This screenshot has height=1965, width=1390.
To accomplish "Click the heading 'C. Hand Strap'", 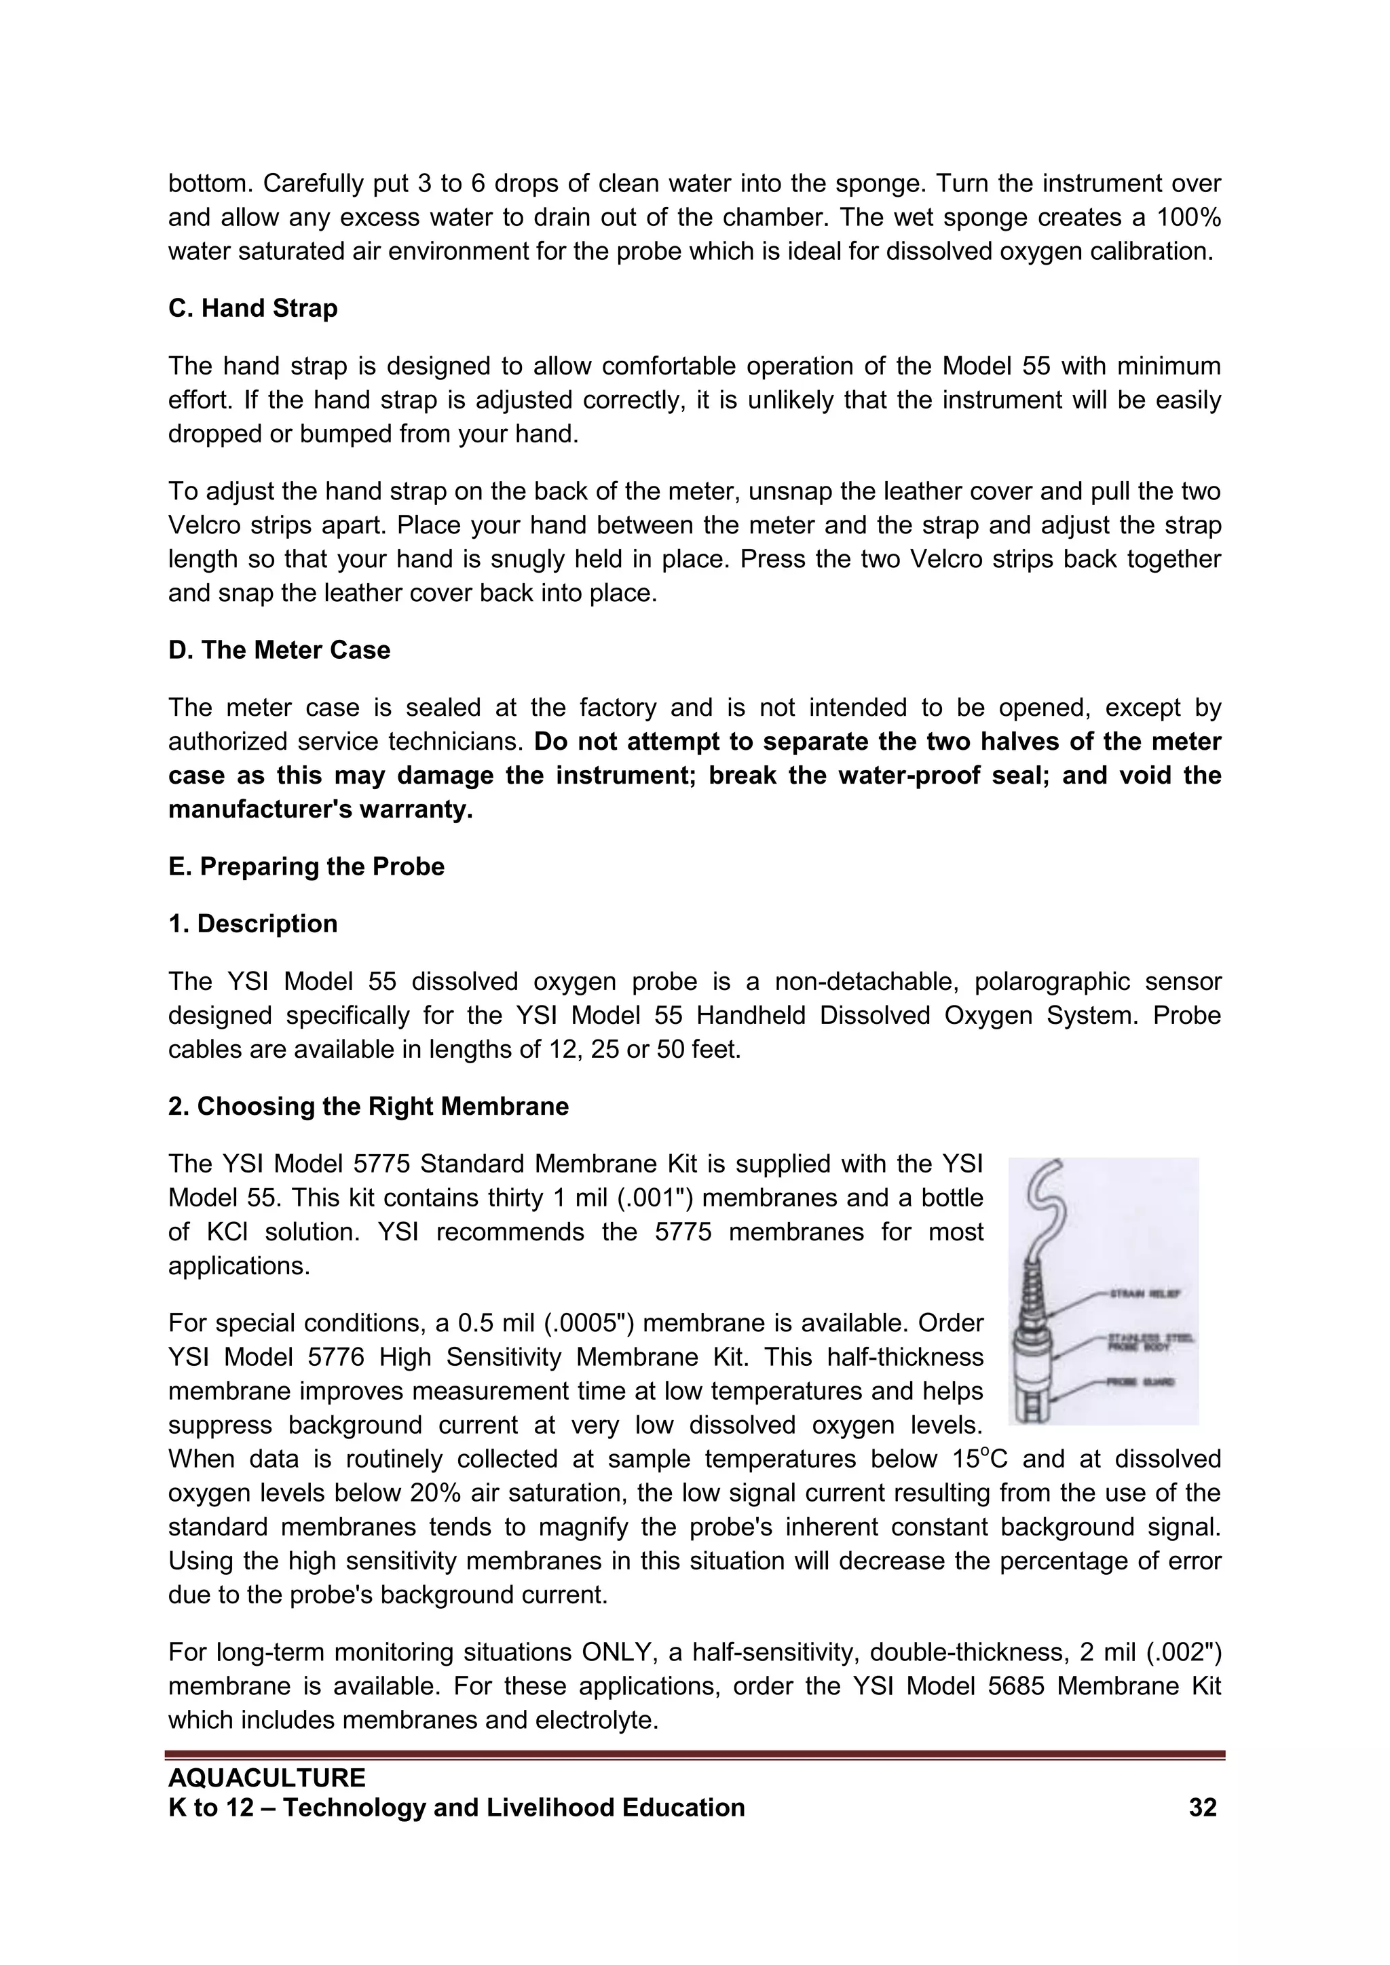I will (x=252, y=308).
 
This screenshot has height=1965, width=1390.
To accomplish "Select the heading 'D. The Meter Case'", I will (x=279, y=651).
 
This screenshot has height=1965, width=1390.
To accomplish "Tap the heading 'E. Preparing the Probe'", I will (x=306, y=867).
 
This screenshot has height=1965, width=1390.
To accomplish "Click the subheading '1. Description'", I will (x=252, y=924).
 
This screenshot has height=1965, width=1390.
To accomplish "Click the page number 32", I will (x=1203, y=1808).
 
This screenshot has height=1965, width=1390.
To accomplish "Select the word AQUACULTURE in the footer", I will (x=267, y=1778).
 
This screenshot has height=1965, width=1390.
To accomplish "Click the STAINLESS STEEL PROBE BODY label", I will (x=1150, y=1341).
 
